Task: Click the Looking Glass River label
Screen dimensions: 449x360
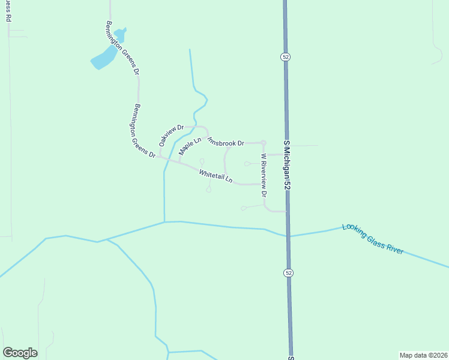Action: (x=372, y=239)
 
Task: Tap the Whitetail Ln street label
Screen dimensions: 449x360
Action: (x=215, y=175)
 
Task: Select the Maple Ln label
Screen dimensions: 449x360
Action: (x=189, y=146)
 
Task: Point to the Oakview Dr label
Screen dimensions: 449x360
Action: (x=170, y=136)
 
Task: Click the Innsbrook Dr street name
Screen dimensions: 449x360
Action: (x=226, y=142)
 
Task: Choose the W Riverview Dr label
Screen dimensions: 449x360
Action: (x=263, y=175)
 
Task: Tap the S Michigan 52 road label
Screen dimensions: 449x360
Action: (x=287, y=166)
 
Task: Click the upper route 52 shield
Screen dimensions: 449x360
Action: (x=285, y=56)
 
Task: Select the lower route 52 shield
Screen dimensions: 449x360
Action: (x=289, y=273)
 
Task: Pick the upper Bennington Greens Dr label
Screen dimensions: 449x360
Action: (x=122, y=48)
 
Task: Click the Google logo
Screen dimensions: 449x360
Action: (x=20, y=353)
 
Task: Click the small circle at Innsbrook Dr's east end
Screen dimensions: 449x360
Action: (x=263, y=142)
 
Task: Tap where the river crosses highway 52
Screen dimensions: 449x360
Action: (x=289, y=235)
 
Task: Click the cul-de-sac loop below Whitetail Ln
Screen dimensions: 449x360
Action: (x=208, y=190)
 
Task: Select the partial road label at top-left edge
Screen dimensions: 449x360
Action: (x=8, y=11)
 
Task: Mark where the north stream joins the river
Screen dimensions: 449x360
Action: (x=164, y=222)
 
